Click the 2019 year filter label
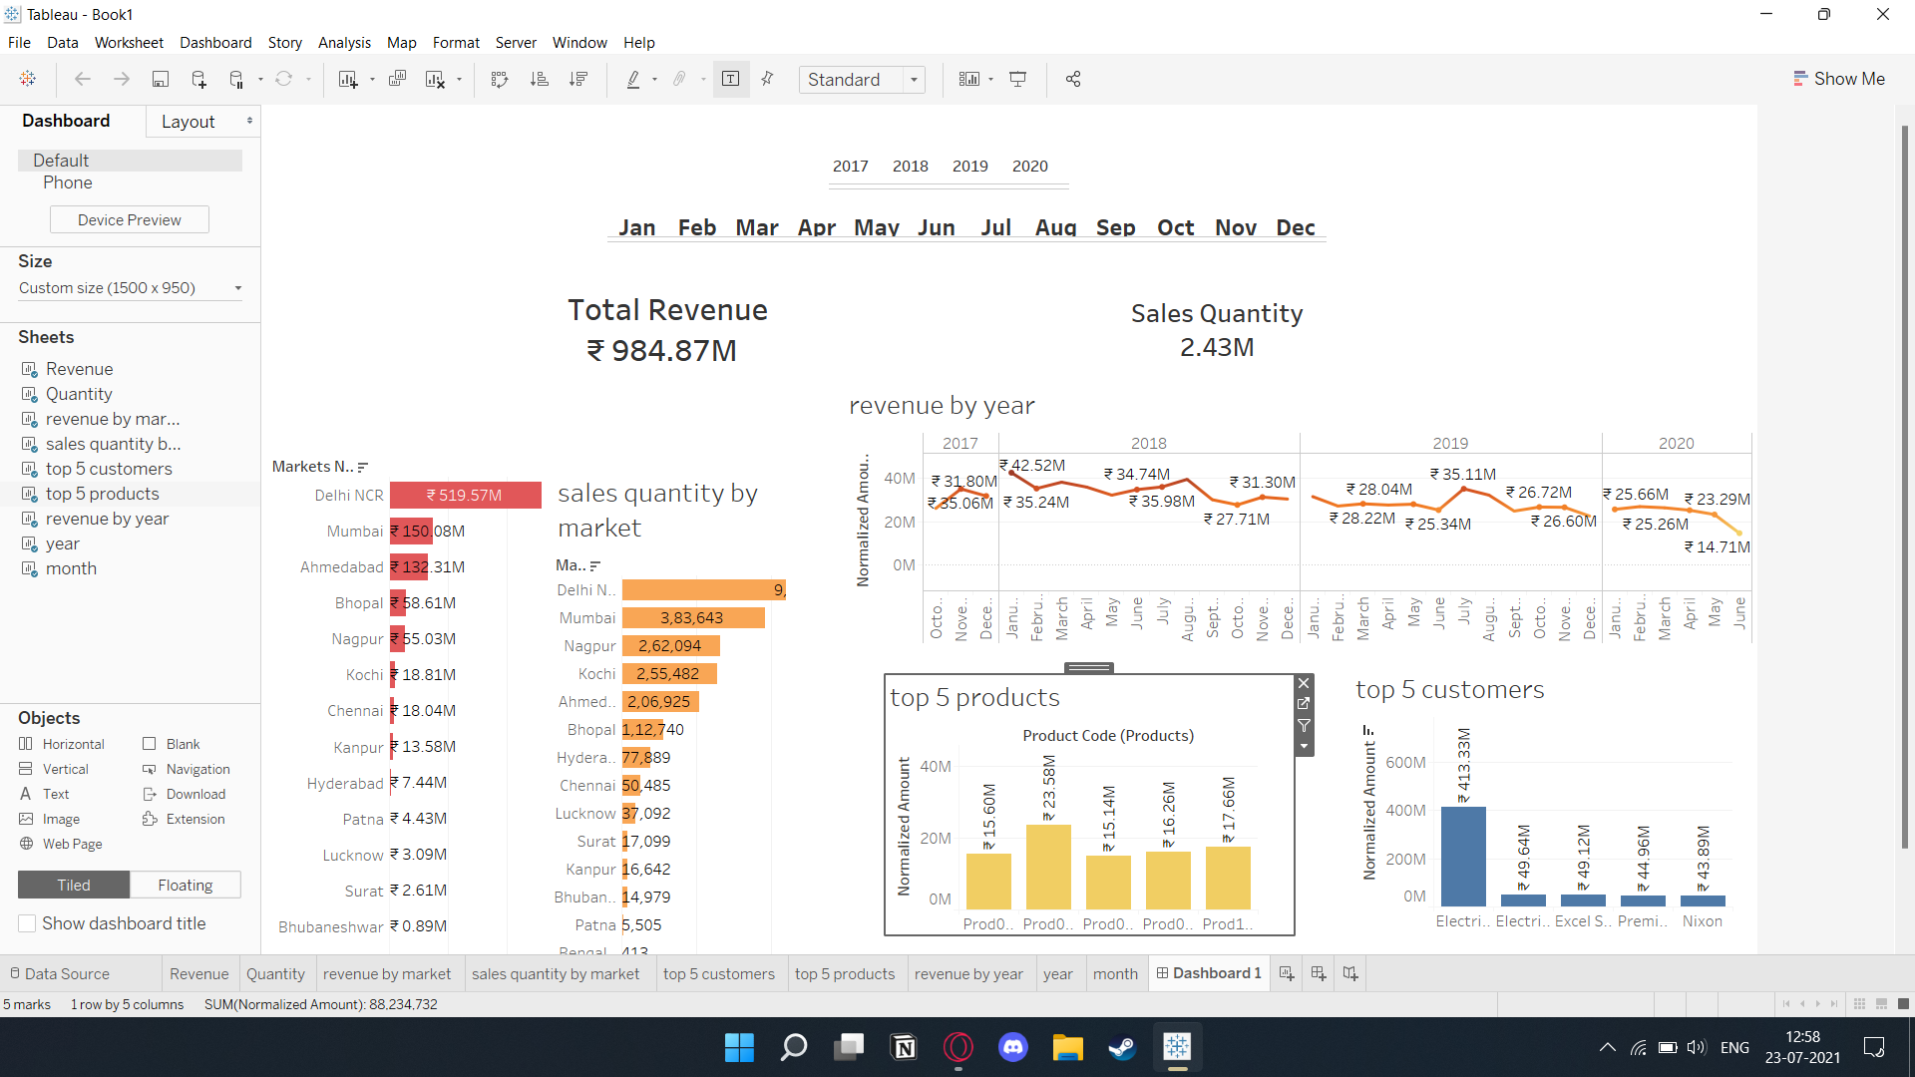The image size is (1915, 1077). (x=969, y=167)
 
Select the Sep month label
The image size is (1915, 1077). (x=1115, y=227)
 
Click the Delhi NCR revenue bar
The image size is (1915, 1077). (x=465, y=496)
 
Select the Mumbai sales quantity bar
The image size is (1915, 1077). (x=692, y=618)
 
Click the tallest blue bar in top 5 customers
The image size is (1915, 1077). (x=1463, y=855)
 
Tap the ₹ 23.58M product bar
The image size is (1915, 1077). (x=1048, y=866)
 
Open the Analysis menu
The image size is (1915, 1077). (x=344, y=43)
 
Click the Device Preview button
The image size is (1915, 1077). (x=130, y=220)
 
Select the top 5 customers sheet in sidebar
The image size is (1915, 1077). (x=109, y=469)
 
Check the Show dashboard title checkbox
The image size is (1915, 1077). (x=28, y=923)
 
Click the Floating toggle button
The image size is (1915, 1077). (x=186, y=886)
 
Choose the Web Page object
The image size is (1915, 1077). (x=72, y=844)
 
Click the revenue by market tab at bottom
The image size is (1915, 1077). (x=387, y=974)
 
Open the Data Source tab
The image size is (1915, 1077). (x=67, y=974)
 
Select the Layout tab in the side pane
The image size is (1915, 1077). (x=189, y=122)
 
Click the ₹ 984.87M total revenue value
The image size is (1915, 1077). (x=662, y=351)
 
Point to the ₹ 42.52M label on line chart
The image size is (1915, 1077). (x=1033, y=466)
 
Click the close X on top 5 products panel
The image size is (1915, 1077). (x=1303, y=683)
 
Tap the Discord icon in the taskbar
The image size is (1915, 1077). (x=1013, y=1047)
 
